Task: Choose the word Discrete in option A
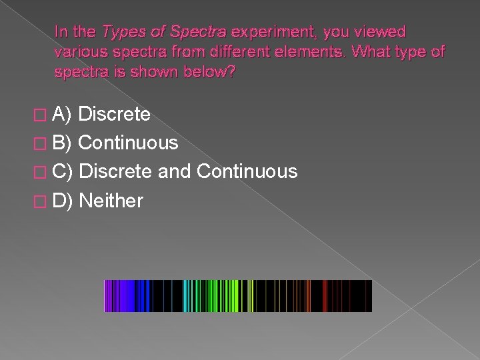click(x=115, y=115)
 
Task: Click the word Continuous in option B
click(x=128, y=143)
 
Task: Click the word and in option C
click(x=175, y=171)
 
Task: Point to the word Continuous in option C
click(x=247, y=171)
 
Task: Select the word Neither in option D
click(x=111, y=200)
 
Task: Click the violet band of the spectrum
click(x=117, y=296)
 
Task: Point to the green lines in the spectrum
click(x=207, y=296)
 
